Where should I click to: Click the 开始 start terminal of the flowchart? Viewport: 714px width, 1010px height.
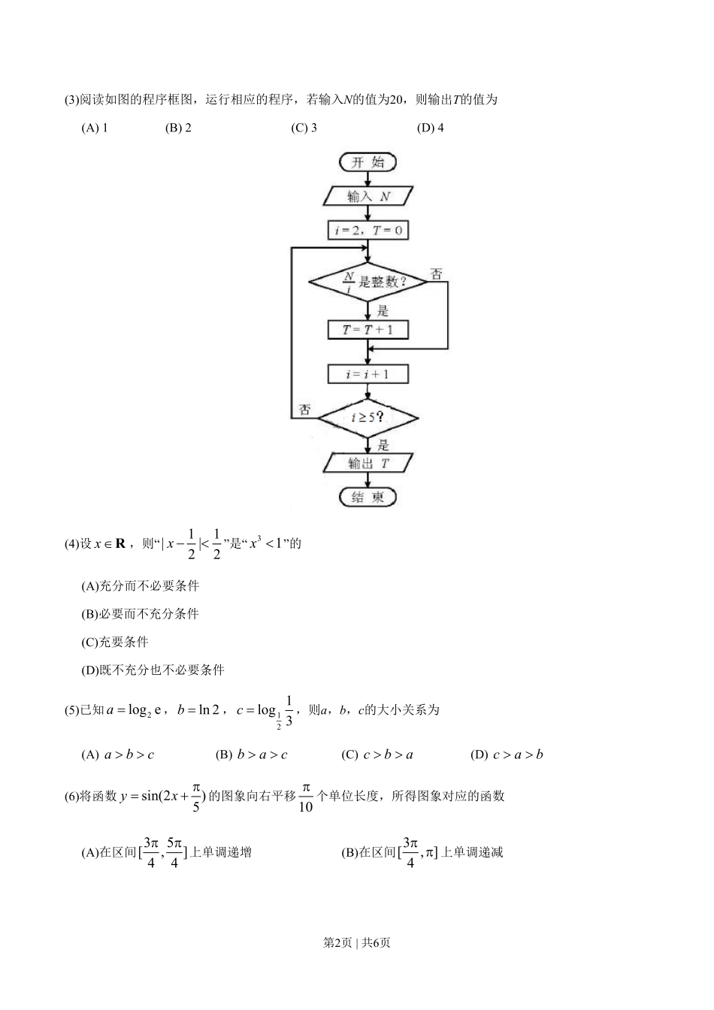tap(368, 162)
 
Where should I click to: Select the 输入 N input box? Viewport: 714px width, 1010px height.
tap(368, 196)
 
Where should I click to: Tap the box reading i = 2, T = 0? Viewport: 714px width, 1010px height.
tap(368, 230)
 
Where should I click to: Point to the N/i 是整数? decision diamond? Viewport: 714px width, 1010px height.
tap(368, 283)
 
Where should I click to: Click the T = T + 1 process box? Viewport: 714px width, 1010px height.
tap(368, 329)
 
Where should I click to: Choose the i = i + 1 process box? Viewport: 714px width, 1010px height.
tap(368, 373)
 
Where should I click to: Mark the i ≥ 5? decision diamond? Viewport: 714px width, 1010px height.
tap(368, 417)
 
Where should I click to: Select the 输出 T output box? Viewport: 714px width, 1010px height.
tap(368, 463)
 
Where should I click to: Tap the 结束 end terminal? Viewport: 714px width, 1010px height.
tap(368, 497)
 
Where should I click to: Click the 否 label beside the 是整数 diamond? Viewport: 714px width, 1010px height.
tap(436, 274)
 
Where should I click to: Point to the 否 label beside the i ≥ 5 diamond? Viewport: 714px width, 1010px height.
tap(304, 410)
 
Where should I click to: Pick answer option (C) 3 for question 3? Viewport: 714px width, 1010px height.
tap(304, 128)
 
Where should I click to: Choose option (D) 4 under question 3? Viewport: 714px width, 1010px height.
tap(430, 128)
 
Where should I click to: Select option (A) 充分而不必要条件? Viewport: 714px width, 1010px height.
tap(140, 585)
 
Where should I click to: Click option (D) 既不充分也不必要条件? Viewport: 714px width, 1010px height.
tap(153, 670)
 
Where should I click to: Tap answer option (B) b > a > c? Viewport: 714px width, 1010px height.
tap(251, 754)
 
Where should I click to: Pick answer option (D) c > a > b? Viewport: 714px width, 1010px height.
tap(507, 754)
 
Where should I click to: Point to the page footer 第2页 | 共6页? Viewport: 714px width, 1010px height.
tap(356, 942)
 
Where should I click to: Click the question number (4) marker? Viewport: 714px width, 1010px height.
tap(72, 543)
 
